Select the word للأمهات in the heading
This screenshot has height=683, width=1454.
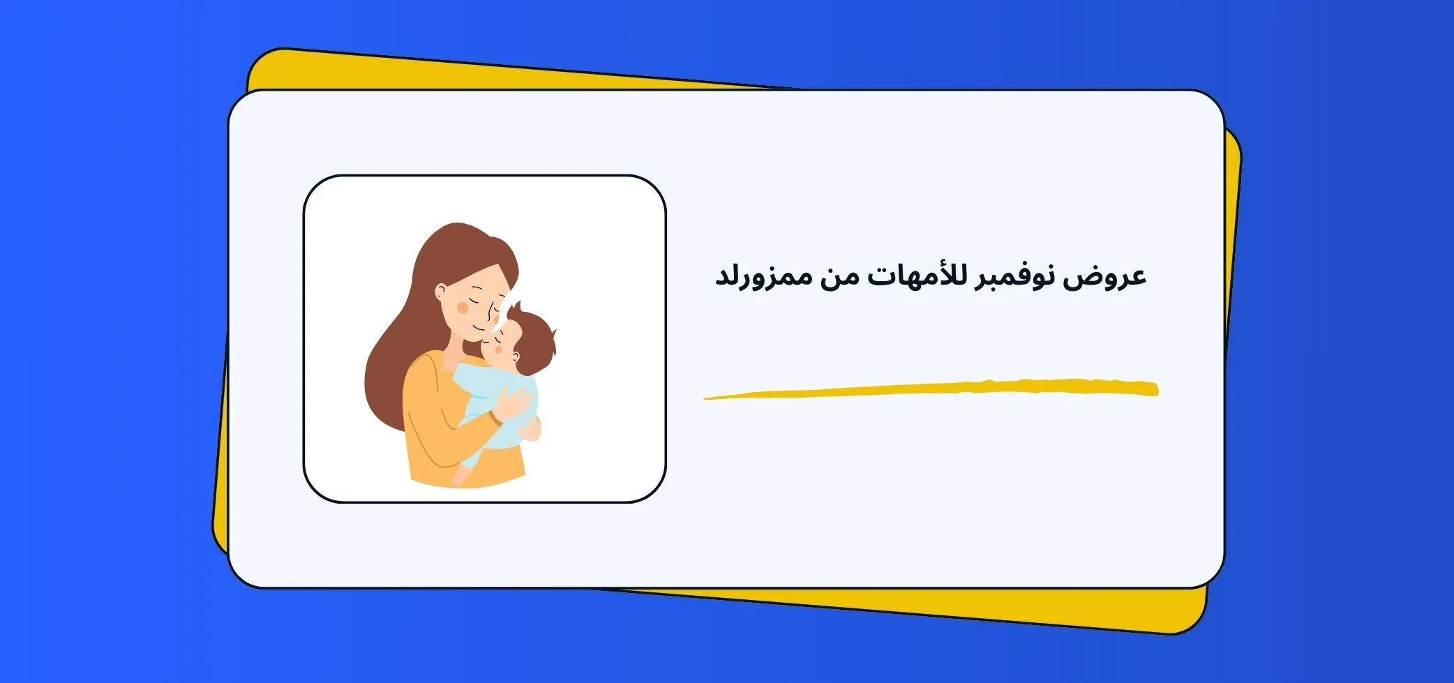pyautogui.click(x=908, y=274)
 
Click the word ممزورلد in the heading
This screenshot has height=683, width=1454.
pyautogui.click(x=764, y=276)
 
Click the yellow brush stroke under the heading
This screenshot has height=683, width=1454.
pyautogui.click(x=931, y=389)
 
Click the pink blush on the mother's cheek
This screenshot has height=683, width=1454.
pyautogui.click(x=462, y=307)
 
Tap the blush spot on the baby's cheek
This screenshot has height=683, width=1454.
pyautogui.click(x=497, y=349)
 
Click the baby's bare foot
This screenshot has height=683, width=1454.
pyautogui.click(x=461, y=476)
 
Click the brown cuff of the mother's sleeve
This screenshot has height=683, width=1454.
pyautogui.click(x=495, y=418)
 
